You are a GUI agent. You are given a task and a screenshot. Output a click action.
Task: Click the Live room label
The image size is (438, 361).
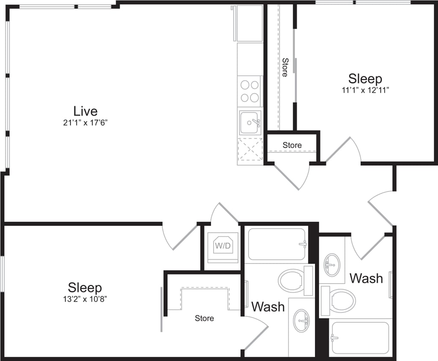pyautogui.click(x=85, y=111)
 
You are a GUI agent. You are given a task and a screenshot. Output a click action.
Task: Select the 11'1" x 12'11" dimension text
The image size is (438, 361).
pyautogui.click(x=365, y=90)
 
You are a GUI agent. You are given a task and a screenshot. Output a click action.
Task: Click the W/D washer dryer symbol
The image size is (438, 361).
pyautogui.click(x=223, y=246)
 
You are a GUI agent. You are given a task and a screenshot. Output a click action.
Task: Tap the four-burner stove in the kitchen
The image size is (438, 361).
pyautogui.click(x=250, y=91)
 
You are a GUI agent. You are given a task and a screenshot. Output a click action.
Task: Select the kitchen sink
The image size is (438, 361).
pyautogui.click(x=250, y=123)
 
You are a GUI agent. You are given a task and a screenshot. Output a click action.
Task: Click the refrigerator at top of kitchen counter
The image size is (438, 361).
pyautogui.click(x=250, y=23)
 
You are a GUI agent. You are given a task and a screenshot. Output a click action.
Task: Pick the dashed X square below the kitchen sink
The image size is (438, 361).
pyautogui.click(x=250, y=150)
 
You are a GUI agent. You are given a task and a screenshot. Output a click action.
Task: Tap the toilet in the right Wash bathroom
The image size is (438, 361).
pyautogui.click(x=341, y=300)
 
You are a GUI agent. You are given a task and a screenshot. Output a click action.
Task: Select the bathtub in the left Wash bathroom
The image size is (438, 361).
pyautogui.click(x=277, y=244)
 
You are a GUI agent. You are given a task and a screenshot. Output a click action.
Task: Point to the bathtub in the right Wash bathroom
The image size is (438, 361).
pyautogui.click(x=360, y=337)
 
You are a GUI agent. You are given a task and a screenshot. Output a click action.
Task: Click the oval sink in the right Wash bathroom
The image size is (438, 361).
pyautogui.click(x=332, y=265)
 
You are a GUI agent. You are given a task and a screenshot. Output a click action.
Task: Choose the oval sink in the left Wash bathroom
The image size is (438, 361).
pyautogui.click(x=302, y=320)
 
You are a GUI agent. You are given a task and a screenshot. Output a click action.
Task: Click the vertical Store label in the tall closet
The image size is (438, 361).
pyautogui.click(x=285, y=67)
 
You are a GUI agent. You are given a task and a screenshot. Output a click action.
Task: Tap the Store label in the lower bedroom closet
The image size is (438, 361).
pyautogui.click(x=204, y=318)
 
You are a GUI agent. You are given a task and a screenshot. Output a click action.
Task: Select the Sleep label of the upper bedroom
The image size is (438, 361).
pyautogui.click(x=365, y=79)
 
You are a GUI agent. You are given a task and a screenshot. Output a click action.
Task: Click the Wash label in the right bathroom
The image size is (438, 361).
pyautogui.click(x=366, y=278)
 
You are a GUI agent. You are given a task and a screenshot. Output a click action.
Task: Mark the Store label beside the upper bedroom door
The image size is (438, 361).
pyautogui.click(x=292, y=145)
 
